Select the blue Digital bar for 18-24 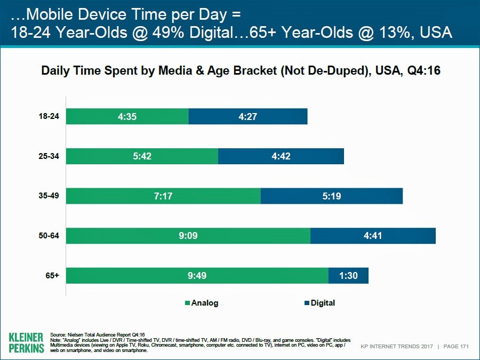coord(248,116)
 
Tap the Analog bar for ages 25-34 coord(142,156)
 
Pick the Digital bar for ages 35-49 coord(331,196)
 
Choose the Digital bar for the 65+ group coord(348,276)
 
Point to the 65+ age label coord(52,276)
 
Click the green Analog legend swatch coord(187,303)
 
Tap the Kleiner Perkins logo coord(26,342)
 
